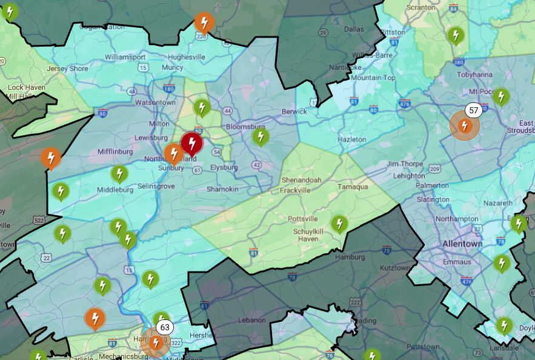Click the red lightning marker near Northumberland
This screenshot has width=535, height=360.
(191, 143)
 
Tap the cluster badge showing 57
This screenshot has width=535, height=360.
(473, 110)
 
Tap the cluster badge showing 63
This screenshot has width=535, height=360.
(164, 327)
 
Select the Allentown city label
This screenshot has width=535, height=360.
(462, 244)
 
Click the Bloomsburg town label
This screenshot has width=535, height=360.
(245, 127)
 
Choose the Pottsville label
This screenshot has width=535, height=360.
(302, 218)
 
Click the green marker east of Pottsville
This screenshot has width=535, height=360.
(339, 224)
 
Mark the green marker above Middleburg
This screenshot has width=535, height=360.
(119, 174)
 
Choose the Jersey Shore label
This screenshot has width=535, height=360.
(67, 68)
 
